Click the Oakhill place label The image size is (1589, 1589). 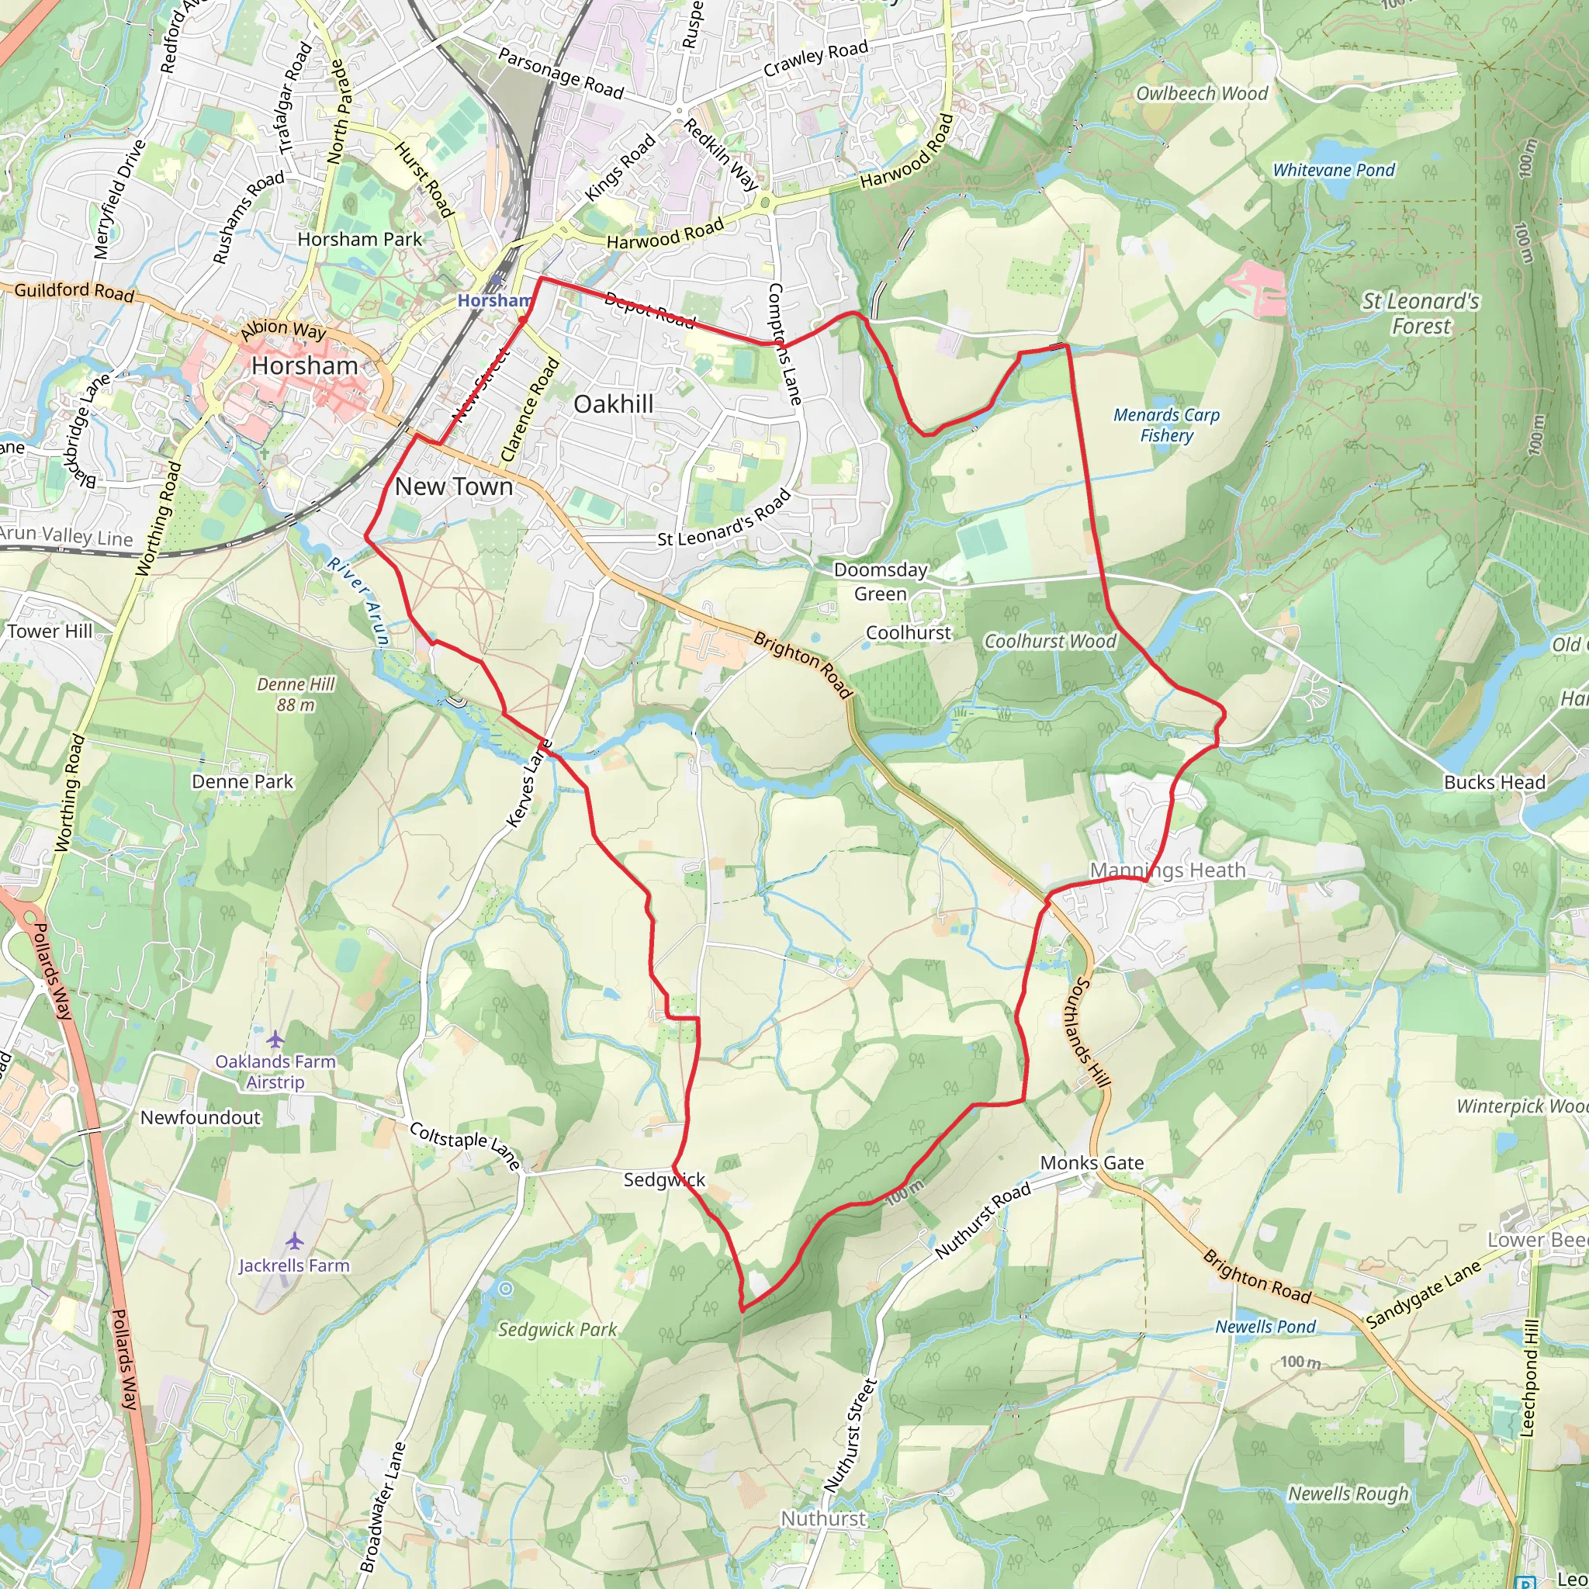click(x=613, y=403)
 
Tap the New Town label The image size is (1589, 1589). click(x=453, y=486)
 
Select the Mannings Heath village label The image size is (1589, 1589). click(x=1167, y=871)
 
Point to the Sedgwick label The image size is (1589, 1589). click(x=663, y=1179)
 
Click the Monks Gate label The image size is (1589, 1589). click(x=1092, y=1162)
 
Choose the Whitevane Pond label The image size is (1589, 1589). click(x=1333, y=170)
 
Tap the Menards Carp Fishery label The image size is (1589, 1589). click(x=1165, y=425)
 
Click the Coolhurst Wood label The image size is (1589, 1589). click(x=1050, y=641)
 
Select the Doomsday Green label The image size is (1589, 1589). click(x=880, y=581)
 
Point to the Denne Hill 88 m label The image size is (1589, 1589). click(x=296, y=694)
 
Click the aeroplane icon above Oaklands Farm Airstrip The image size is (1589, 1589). click(x=275, y=1039)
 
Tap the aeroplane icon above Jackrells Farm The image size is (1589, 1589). click(x=294, y=1241)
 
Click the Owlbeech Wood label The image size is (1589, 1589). click(x=1202, y=94)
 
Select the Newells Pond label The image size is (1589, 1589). click(x=1265, y=1327)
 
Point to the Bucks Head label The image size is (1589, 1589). click(x=1494, y=782)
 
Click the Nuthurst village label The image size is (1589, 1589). click(x=822, y=1518)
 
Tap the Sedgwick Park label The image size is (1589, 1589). click(x=557, y=1329)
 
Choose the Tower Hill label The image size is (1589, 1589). click(x=50, y=631)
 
